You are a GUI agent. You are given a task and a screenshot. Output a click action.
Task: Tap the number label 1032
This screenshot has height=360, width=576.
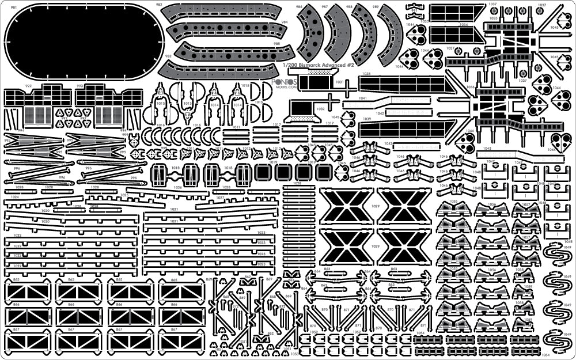[x=320, y=108]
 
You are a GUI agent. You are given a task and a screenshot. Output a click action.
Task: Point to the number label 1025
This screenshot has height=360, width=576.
[x=125, y=195]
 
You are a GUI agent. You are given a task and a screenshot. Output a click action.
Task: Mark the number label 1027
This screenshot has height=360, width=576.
[x=219, y=197]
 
